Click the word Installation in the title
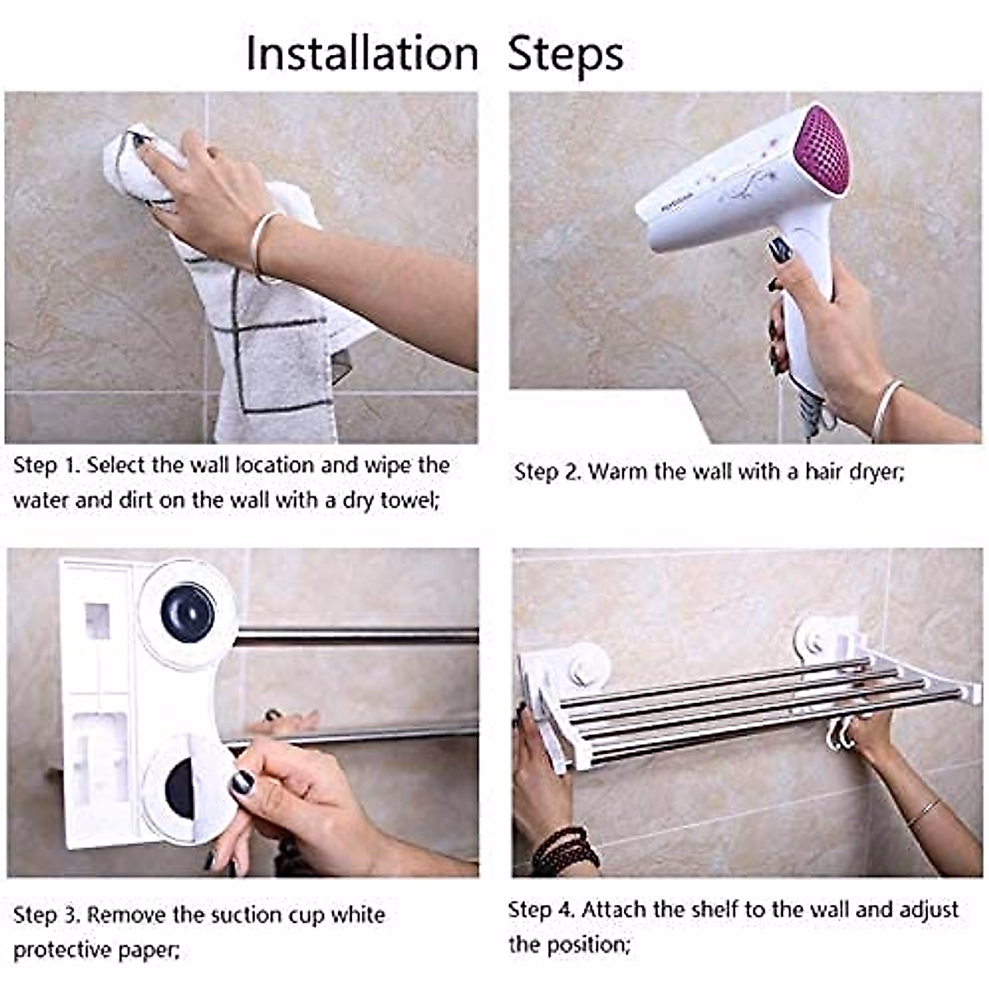[362, 54]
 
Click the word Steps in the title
[565, 54]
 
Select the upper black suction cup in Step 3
[188, 613]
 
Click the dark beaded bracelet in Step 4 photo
[563, 849]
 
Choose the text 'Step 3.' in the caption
[47, 916]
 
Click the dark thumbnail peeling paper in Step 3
[241, 782]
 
